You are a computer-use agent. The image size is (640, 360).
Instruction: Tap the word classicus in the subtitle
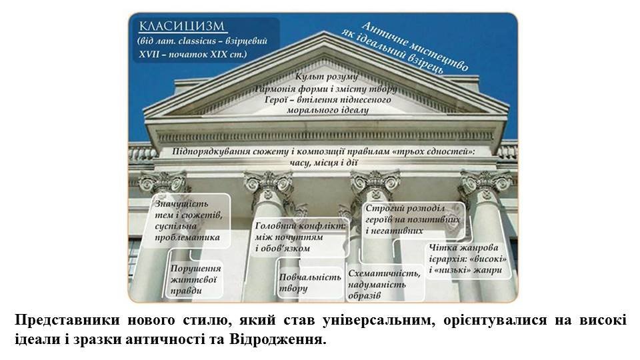pyautogui.click(x=199, y=41)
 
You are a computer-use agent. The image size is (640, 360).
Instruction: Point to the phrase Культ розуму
pyautogui.click(x=327, y=76)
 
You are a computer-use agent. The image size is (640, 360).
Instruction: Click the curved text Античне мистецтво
pyautogui.click(x=415, y=45)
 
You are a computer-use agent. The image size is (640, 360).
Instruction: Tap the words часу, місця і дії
pyautogui.click(x=324, y=163)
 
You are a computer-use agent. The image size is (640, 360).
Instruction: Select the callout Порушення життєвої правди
pyautogui.click(x=196, y=279)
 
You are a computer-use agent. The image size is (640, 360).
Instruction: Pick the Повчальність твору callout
pyautogui.click(x=309, y=283)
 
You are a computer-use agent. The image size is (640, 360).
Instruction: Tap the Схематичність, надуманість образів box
pyautogui.click(x=385, y=284)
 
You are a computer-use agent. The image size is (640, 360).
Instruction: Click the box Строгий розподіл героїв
pyautogui.click(x=413, y=219)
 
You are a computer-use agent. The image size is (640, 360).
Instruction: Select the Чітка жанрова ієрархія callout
pyautogui.click(x=468, y=259)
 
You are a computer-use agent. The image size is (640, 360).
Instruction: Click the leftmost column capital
pyautogui.click(x=163, y=182)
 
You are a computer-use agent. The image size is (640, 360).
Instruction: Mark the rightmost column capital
pyautogui.click(x=486, y=182)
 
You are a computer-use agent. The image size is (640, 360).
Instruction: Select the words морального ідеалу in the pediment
pyautogui.click(x=328, y=110)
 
